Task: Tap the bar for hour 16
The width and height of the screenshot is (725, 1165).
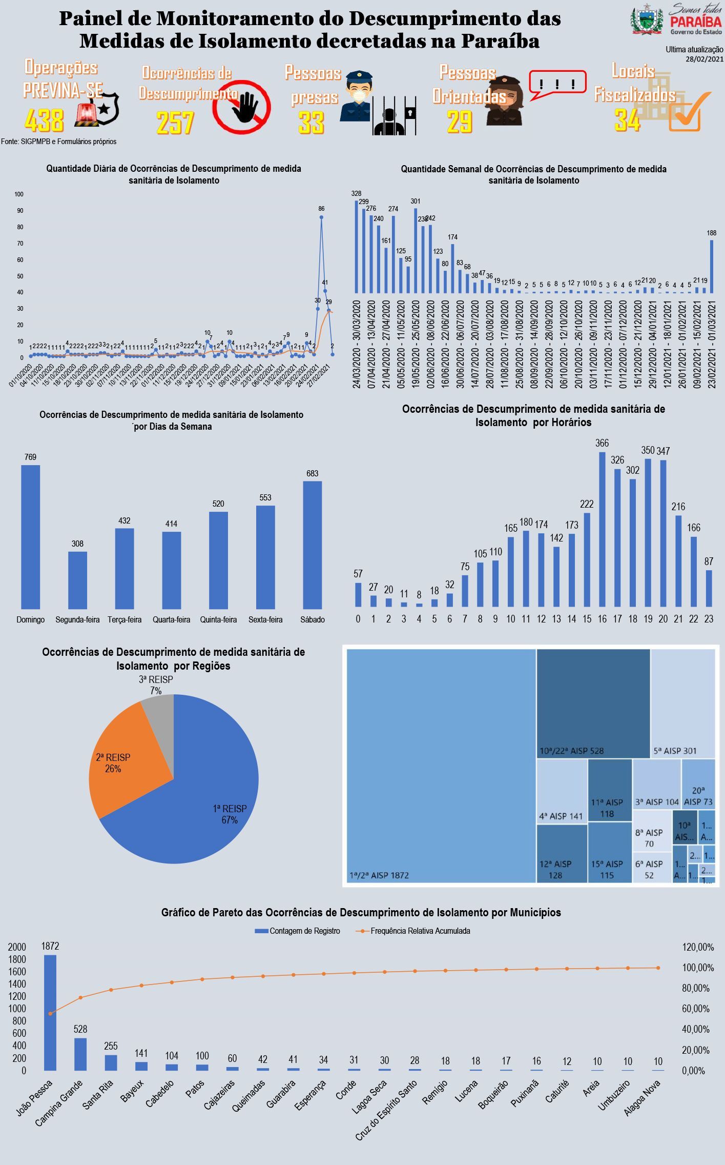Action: [602, 529]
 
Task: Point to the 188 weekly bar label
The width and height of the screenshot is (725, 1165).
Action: [712, 233]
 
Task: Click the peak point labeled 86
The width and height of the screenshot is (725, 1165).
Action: [321, 217]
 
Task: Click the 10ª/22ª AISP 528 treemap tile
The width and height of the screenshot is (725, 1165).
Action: [593, 703]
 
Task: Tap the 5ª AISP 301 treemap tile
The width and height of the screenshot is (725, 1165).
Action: [682, 703]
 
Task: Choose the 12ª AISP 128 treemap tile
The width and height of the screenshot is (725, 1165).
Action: [562, 853]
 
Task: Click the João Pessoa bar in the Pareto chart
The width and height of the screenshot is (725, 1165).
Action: [50, 1012]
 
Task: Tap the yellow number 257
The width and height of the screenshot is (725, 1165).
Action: [175, 123]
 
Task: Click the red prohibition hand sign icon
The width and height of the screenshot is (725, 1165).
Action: [242, 107]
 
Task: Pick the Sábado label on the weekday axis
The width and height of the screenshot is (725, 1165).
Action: [313, 619]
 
